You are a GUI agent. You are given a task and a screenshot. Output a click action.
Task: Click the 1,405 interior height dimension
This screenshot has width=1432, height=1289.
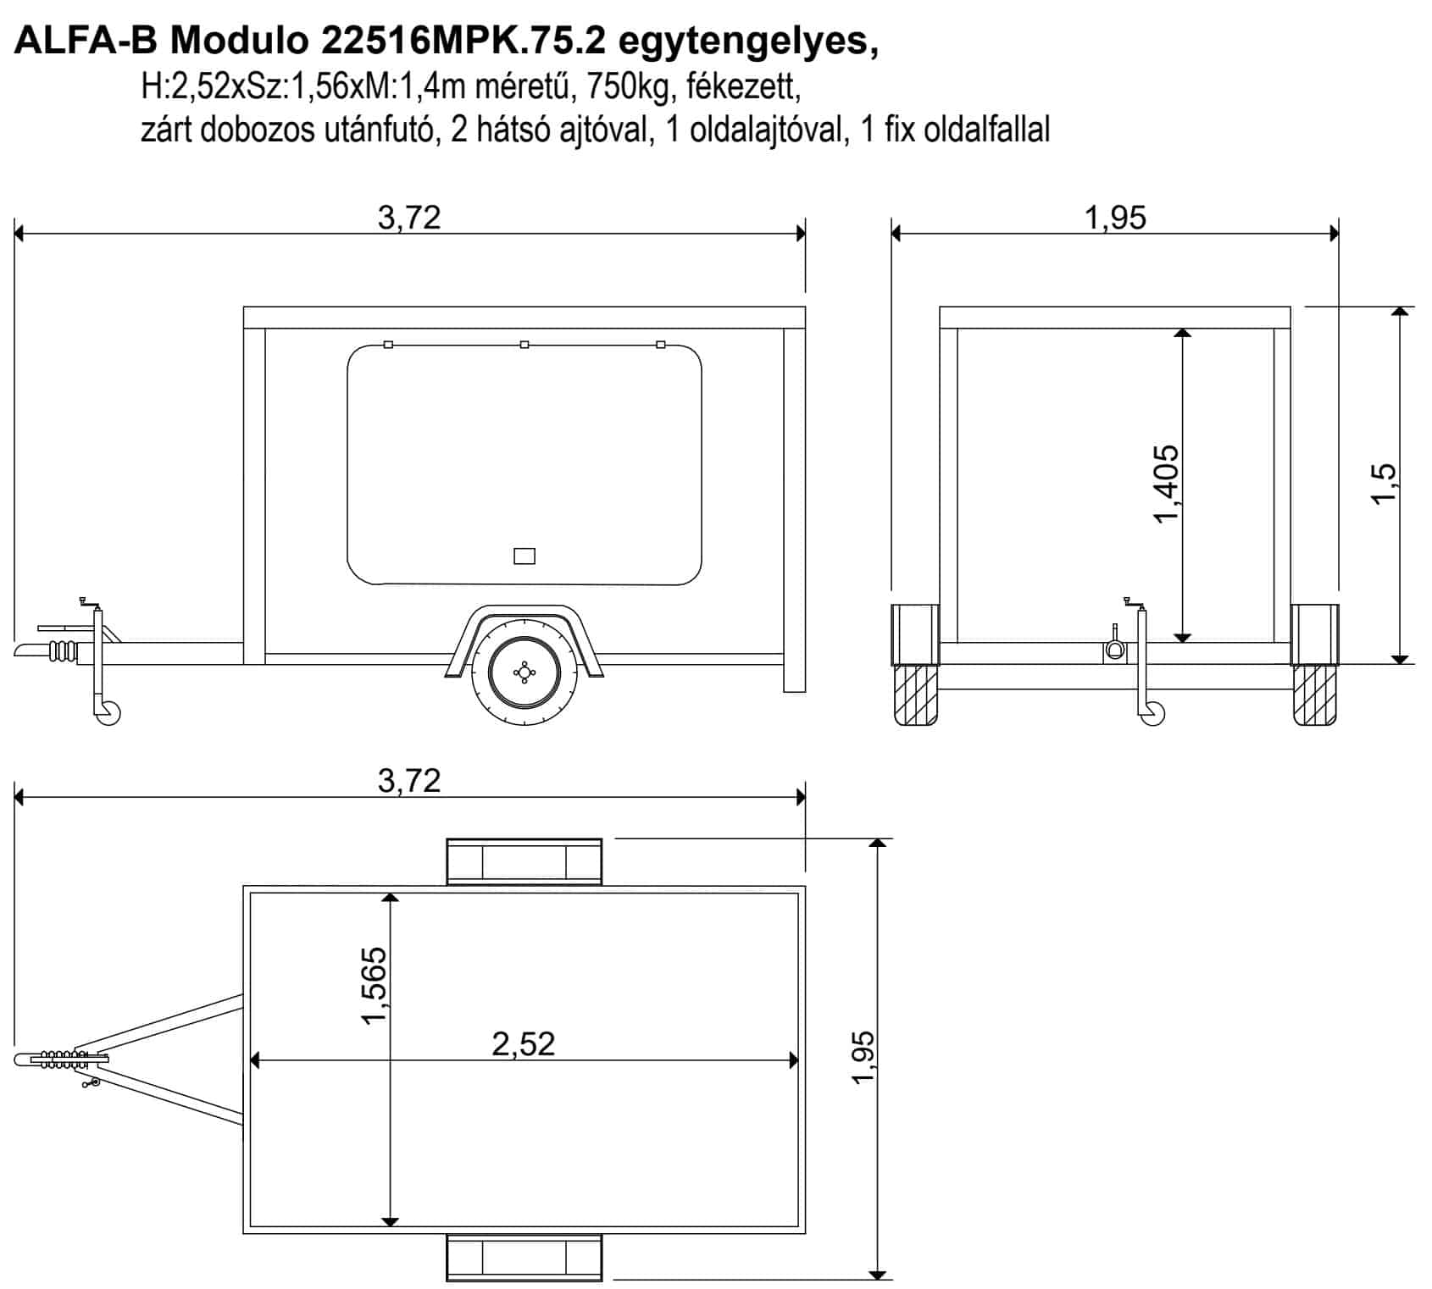point(1167,484)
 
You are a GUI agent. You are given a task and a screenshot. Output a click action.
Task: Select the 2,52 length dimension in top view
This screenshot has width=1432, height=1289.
point(524,1043)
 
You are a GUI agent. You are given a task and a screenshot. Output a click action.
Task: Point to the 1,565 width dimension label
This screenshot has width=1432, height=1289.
point(374,985)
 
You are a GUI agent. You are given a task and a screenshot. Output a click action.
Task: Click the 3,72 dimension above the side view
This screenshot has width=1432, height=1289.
point(409,218)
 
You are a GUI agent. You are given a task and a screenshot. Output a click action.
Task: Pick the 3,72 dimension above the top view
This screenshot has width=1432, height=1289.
point(409,780)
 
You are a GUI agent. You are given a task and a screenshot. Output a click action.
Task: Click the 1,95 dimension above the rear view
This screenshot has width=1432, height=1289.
point(1115,218)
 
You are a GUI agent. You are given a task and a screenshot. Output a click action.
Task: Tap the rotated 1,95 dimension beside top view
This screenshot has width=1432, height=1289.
point(863,1056)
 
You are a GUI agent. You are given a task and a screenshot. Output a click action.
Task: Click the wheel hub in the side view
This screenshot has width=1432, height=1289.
point(525,672)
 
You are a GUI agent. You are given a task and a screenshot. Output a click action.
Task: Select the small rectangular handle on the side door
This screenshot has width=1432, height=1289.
point(525,556)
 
